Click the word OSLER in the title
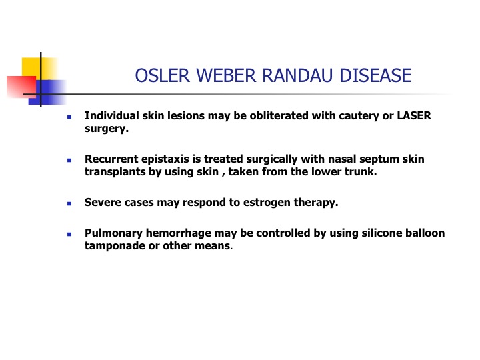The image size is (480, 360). (x=162, y=75)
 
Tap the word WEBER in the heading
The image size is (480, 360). (x=226, y=75)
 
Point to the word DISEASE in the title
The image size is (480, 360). (x=375, y=75)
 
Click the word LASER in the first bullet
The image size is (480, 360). (x=414, y=116)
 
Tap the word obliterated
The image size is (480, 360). (x=279, y=116)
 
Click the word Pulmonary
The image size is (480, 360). (x=113, y=233)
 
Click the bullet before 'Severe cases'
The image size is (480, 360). (x=69, y=203)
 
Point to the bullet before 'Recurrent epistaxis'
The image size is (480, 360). (x=69, y=160)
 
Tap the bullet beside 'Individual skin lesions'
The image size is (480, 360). (x=69, y=117)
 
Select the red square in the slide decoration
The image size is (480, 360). (x=21, y=87)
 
